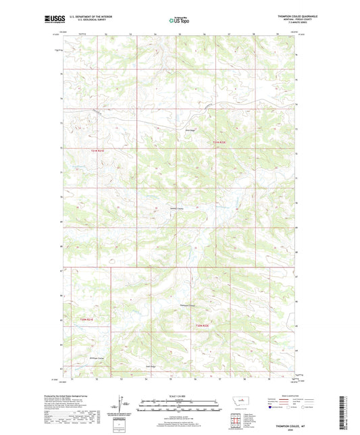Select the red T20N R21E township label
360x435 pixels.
[x=88, y=318]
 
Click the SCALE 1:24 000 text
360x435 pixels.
[x=179, y=395]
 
